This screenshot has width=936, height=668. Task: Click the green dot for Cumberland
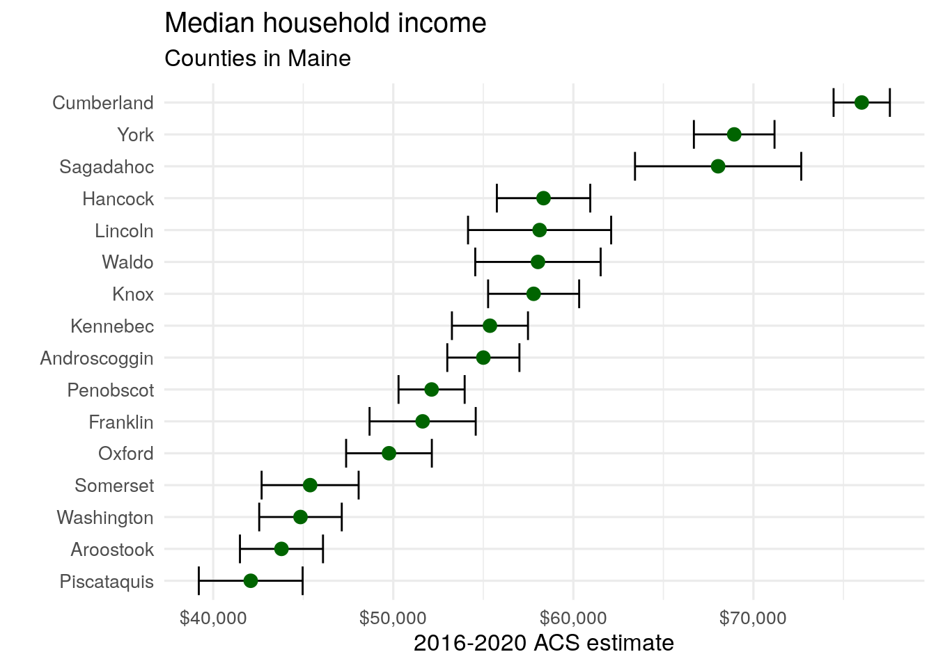(x=861, y=103)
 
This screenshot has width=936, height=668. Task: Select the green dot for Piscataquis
(x=251, y=581)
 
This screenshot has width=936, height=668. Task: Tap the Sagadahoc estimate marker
(x=718, y=166)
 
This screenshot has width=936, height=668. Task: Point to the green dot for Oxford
(x=389, y=454)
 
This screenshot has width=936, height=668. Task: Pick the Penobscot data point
(x=432, y=390)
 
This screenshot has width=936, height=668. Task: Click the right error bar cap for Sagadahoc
(x=801, y=166)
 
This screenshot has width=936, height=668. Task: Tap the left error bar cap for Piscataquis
(x=199, y=581)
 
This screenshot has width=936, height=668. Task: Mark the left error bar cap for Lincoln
(x=468, y=230)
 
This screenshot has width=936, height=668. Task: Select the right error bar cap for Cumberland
(x=890, y=103)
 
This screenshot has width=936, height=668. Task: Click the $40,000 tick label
(x=212, y=618)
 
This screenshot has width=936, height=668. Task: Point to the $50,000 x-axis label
(x=393, y=618)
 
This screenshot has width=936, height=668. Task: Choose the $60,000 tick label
(x=573, y=618)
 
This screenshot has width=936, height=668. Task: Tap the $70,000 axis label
(x=754, y=618)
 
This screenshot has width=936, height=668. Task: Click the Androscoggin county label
(x=97, y=358)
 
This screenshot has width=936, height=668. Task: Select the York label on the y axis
(x=135, y=135)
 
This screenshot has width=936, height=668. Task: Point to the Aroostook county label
(x=112, y=550)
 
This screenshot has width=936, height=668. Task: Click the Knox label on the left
(x=132, y=294)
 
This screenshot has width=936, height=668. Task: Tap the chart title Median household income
(x=325, y=24)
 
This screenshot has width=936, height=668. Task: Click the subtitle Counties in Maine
(x=258, y=58)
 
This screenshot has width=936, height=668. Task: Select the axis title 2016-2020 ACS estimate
(x=543, y=643)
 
